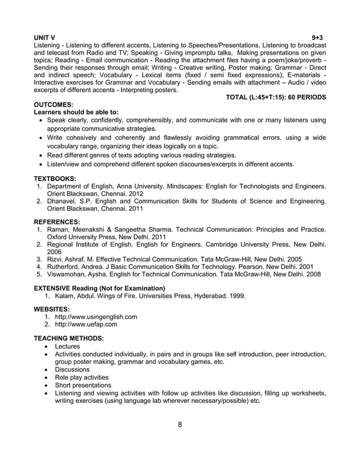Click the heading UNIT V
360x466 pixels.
click(45, 36)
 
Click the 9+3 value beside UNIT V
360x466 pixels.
click(318, 36)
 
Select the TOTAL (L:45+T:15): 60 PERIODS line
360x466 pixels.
click(275, 98)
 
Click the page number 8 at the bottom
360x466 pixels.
click(179, 425)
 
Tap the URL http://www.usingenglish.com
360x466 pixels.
click(96, 317)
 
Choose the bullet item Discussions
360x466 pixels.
click(72, 370)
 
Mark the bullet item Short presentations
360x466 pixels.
click(82, 385)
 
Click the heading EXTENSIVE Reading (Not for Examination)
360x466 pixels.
click(100, 288)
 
